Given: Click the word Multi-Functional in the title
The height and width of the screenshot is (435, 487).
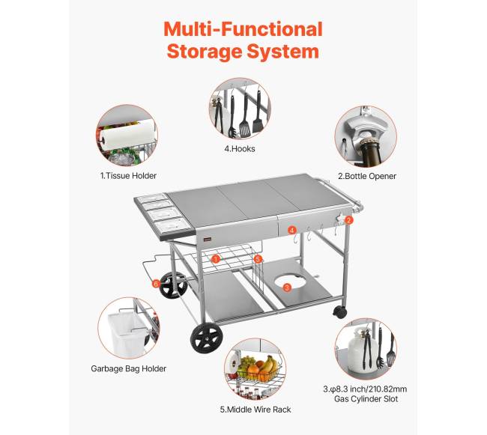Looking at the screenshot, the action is coord(243,29).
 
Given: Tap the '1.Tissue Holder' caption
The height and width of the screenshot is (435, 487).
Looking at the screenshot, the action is coord(128,176).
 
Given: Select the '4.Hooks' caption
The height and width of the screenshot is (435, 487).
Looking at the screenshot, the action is coord(240,149).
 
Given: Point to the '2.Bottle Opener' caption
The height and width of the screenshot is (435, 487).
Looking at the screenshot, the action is coord(367,176).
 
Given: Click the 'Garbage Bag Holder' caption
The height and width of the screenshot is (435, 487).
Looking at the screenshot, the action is coord(129,368).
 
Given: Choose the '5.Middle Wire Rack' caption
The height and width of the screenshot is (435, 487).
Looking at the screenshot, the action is coord(255,410).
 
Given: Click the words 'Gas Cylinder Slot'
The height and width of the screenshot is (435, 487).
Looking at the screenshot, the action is coord(366,399).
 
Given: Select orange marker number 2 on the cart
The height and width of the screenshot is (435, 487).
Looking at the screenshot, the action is coord(349,220).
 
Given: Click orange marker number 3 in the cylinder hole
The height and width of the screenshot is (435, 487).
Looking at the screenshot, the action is coord(287,288).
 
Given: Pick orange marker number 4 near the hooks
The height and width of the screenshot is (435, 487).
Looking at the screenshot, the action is coord(291,230).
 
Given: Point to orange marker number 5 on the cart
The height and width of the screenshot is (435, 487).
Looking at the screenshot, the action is coord(258,259).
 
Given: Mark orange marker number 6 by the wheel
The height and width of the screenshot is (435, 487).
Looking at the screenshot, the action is coord(156,284).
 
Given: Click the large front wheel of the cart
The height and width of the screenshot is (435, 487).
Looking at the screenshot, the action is coord(207,338).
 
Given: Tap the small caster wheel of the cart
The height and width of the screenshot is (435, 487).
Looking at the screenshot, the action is coord(339,311).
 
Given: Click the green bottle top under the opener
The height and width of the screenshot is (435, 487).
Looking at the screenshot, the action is coord(369,150).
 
